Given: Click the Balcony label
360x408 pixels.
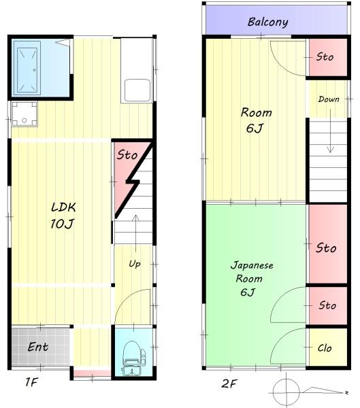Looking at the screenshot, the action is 267,22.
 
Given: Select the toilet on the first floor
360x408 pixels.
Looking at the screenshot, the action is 133,358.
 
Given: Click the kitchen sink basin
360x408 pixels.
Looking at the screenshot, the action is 137,90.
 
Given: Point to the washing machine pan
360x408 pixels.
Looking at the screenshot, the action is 24,114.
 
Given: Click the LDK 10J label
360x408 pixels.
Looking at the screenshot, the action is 63,216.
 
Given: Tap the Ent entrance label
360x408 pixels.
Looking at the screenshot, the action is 38,347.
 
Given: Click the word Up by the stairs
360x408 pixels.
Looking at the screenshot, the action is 135,264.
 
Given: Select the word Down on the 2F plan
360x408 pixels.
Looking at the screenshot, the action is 329,99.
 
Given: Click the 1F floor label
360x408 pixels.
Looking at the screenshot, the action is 31,382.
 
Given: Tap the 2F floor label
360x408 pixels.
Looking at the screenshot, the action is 229,384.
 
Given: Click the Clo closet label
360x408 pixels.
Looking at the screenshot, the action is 325,348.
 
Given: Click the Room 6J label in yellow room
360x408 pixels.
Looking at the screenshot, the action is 256,120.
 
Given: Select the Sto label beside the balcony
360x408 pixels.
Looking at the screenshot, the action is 325,56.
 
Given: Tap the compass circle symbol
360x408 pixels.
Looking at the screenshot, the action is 287,392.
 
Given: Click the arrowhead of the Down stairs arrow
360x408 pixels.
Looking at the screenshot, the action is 330,150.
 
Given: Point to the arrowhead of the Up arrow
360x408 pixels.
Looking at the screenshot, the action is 135,218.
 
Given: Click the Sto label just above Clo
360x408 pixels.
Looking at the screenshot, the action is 327,305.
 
